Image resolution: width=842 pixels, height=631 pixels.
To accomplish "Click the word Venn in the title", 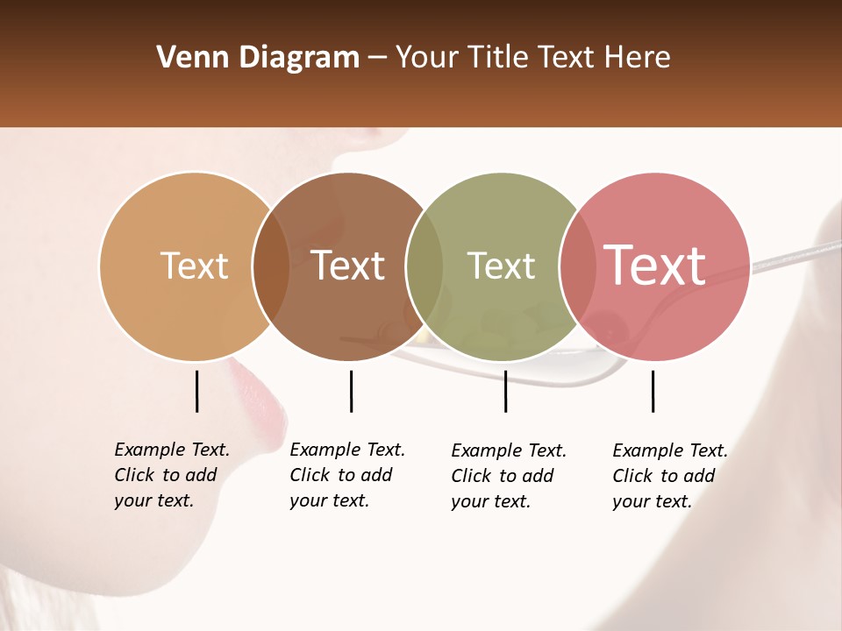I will pos(187,58).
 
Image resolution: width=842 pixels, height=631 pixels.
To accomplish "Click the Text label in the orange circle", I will pos(194,266).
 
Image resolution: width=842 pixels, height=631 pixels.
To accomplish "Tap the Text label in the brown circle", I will pos(348,266).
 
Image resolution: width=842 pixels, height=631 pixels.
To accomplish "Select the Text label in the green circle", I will pos(501,266).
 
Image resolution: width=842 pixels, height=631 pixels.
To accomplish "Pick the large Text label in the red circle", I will pos(655,266).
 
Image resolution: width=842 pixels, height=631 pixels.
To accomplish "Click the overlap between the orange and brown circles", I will pos(271,266).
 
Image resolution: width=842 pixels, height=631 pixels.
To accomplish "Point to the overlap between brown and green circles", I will pos(425,266).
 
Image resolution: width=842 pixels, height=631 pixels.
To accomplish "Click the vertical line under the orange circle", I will pos(196,391).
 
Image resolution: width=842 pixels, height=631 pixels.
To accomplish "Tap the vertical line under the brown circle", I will pos(351,391).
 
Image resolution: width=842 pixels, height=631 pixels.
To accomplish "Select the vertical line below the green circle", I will pos(505,391).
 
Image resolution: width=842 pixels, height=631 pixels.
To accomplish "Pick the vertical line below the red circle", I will pos(653,391).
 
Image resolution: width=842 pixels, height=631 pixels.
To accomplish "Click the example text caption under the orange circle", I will pos(171,475).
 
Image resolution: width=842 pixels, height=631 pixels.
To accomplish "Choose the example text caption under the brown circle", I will pos(346,475).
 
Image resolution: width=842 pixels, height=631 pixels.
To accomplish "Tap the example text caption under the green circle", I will pos(508,476).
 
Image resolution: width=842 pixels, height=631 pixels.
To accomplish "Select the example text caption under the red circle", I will pos(669,476).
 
